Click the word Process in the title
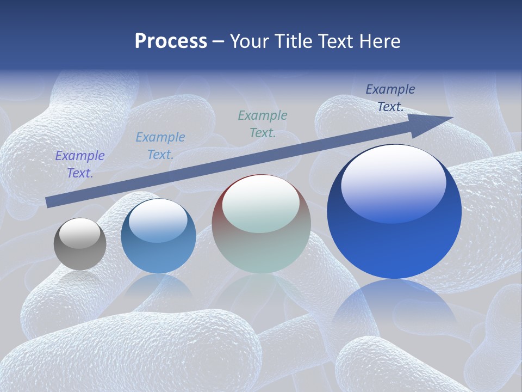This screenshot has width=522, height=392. [x=171, y=41]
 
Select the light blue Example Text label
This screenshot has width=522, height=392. [x=160, y=146]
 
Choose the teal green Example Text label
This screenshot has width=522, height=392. [x=263, y=124]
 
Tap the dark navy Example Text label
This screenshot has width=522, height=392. [x=390, y=98]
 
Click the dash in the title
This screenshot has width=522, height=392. [x=219, y=41]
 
